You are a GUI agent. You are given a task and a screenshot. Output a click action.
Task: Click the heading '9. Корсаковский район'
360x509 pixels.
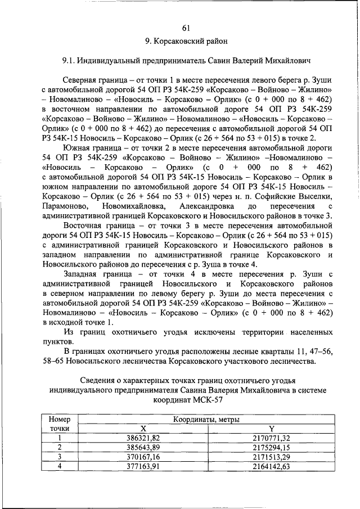pyautogui.click(x=186, y=41)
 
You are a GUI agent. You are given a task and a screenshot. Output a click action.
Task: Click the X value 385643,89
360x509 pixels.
pyautogui.click(x=143, y=447)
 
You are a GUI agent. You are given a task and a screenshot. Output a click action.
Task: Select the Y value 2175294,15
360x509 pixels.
pyautogui.click(x=271, y=447)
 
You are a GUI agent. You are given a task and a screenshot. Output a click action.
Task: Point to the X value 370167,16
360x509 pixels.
pyautogui.click(x=143, y=456)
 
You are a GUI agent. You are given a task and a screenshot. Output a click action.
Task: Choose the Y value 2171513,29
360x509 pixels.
pyautogui.click(x=271, y=456)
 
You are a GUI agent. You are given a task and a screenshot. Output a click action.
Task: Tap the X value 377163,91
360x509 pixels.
pyautogui.click(x=143, y=466)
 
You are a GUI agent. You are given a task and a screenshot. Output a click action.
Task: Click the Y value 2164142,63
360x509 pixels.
pyautogui.click(x=271, y=466)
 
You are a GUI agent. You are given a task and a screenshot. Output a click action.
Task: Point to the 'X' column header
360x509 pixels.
pyautogui.click(x=143, y=429)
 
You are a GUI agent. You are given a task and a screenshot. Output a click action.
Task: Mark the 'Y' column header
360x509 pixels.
pyautogui.click(x=271, y=429)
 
